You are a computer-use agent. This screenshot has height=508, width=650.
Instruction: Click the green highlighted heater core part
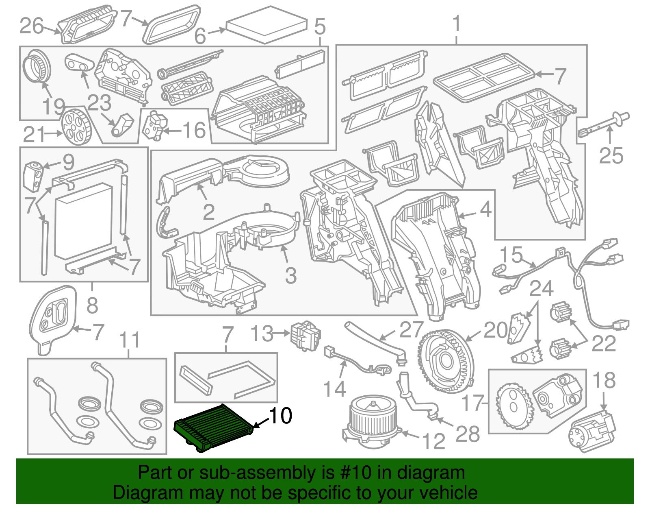coord(213,427)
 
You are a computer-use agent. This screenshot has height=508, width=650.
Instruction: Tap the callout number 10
coord(280,416)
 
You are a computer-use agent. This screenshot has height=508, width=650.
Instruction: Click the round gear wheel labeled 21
coord(76,127)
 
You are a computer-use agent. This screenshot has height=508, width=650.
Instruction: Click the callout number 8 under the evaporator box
coord(92,305)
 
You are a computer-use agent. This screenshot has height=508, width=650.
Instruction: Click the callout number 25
coord(611,156)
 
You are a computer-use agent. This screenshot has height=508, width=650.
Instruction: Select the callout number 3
coord(290,275)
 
